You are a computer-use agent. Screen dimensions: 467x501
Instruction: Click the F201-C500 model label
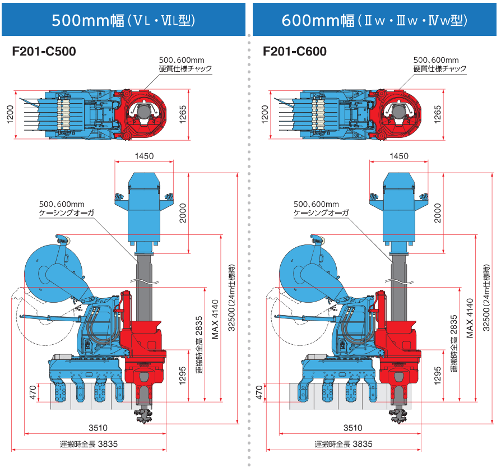[x=44, y=52]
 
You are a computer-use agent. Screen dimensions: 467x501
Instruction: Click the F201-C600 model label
[x=295, y=52]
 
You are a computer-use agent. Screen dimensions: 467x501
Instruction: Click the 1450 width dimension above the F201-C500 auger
[x=143, y=156]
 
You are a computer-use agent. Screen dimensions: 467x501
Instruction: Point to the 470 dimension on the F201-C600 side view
[x=259, y=392]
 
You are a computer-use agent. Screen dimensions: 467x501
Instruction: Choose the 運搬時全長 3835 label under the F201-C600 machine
[x=344, y=444]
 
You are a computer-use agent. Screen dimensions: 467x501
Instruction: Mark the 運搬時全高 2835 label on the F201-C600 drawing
[x=453, y=336]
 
